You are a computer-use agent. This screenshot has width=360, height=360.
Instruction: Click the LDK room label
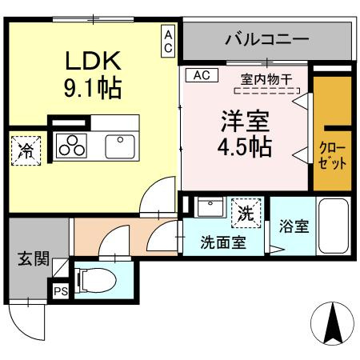tap(93, 60)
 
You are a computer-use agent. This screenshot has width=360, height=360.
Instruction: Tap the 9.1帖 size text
tap(93, 86)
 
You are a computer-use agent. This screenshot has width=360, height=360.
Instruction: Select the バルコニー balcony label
tap(266, 38)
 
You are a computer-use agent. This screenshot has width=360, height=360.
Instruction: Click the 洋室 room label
tap(246, 122)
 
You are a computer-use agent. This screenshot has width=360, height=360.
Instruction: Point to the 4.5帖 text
tap(246, 148)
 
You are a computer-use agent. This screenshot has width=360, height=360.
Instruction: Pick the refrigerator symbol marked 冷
tap(26, 151)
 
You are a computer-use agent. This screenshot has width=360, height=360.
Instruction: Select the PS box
tap(61, 291)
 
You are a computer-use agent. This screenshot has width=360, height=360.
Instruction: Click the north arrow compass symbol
tap(333, 323)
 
